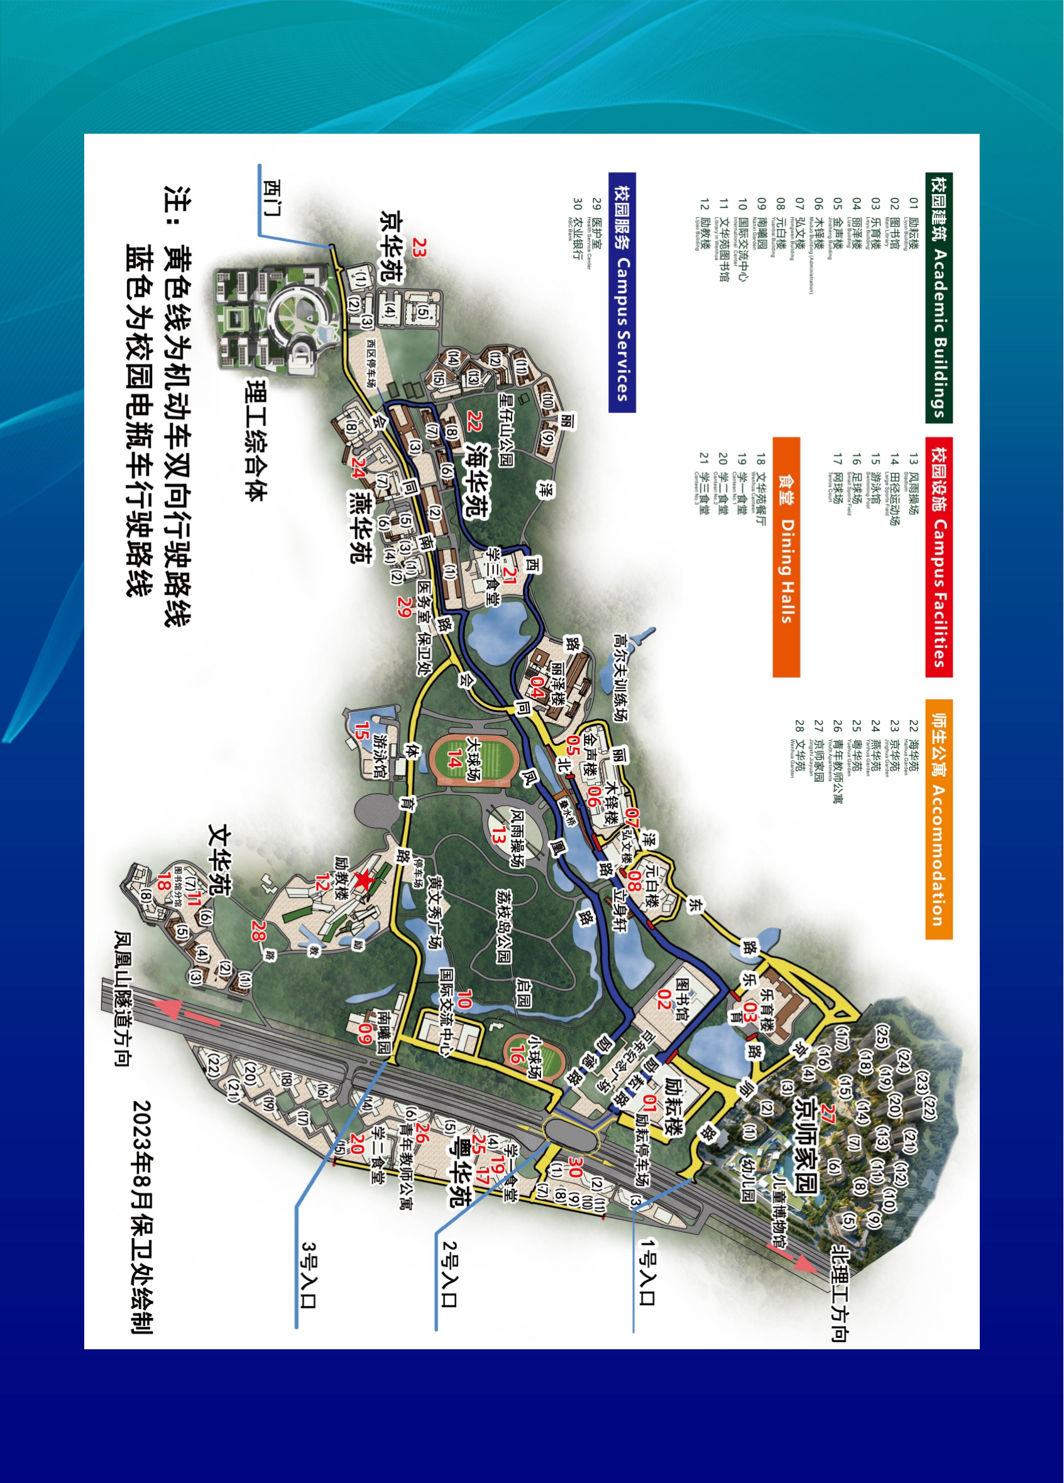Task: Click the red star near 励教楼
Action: tap(363, 881)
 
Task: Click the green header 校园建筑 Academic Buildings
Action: tap(939, 298)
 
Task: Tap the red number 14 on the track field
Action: tap(456, 758)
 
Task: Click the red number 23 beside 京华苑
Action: tap(419, 248)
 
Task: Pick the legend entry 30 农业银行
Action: tap(576, 229)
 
